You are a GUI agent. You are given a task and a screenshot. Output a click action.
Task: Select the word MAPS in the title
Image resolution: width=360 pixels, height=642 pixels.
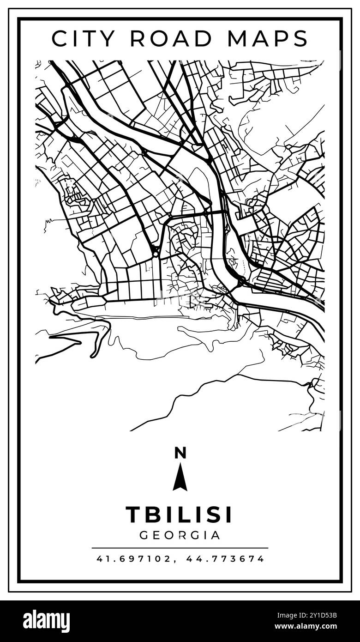268,38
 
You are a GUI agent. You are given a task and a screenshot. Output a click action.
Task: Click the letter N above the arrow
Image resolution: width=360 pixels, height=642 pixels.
180,453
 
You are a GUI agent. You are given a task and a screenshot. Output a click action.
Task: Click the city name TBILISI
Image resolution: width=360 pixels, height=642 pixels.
179,515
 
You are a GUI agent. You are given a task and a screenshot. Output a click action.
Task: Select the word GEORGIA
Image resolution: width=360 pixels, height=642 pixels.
180,535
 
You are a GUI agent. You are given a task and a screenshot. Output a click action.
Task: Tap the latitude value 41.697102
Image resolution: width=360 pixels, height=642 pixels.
134,559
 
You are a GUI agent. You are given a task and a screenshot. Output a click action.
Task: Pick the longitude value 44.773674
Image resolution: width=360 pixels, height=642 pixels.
225,559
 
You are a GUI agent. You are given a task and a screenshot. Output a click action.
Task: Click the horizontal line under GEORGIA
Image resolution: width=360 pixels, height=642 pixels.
180,548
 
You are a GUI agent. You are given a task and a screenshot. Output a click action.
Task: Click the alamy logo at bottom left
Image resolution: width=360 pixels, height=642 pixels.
47,621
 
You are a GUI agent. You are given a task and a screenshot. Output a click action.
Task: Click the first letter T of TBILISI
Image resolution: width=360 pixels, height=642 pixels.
133,515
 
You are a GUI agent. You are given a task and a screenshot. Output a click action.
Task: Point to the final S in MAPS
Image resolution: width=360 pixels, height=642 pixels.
300,38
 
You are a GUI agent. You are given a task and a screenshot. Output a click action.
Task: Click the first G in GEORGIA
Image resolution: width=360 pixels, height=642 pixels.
144,535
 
